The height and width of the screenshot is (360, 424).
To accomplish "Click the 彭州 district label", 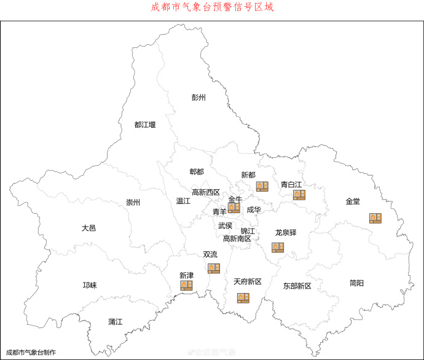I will pos(198,98).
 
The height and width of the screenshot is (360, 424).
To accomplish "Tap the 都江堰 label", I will pos(145,125).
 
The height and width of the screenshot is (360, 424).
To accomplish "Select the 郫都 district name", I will pos(197,171).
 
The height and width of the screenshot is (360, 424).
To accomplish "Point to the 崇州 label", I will pos(133,203).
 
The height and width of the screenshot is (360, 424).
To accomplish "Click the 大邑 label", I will pos(89,228).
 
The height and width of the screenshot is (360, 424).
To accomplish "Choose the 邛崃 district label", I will pos(90,285).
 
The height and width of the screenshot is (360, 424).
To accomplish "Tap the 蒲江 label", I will pos(116,321).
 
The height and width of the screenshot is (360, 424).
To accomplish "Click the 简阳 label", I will pos(356,283).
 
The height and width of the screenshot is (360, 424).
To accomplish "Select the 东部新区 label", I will pos(297,286).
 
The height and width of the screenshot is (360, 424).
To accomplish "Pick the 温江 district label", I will pos(183,201).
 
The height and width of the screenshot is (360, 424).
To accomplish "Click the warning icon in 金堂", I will pos(375,218).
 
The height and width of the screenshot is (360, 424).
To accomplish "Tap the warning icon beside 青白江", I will pos(299,195).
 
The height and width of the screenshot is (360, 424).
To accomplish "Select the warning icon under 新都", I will pos(262,186).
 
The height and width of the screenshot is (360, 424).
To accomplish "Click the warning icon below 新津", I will pos(186,285).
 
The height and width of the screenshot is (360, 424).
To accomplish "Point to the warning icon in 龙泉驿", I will pos(278,247).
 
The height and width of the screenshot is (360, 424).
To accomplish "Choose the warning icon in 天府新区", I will pos(243,298).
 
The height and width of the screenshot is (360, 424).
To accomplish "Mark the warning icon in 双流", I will pos(214,268).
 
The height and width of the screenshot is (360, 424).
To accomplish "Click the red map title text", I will pos(212,8).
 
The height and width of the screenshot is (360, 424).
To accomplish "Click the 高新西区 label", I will pos(206,192).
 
